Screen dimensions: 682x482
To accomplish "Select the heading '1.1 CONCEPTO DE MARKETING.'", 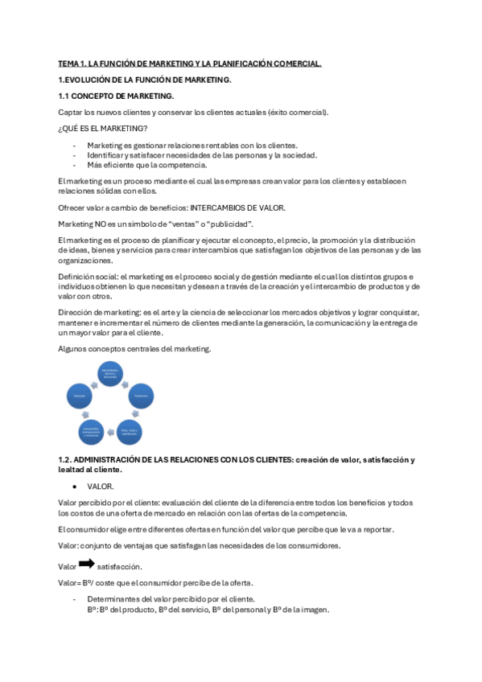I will coord(116,97).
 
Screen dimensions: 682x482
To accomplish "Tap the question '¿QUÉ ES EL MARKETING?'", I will coord(103,129).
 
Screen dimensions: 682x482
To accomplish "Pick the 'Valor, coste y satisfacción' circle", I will coord(130,432).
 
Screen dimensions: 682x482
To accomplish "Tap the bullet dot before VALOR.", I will coord(75,487).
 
